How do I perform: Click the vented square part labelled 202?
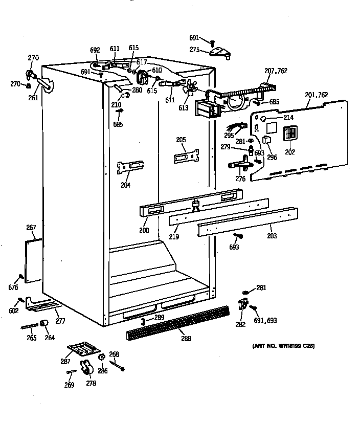click(x=290, y=135)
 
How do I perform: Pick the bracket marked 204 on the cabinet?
click(x=130, y=167)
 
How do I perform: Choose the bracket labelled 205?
click(x=186, y=156)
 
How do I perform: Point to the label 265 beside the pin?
click(x=31, y=338)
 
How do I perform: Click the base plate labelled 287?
click(x=84, y=348)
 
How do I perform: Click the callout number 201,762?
click(x=316, y=95)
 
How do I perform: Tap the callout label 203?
click(x=272, y=236)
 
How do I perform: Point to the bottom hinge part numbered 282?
click(x=242, y=307)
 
